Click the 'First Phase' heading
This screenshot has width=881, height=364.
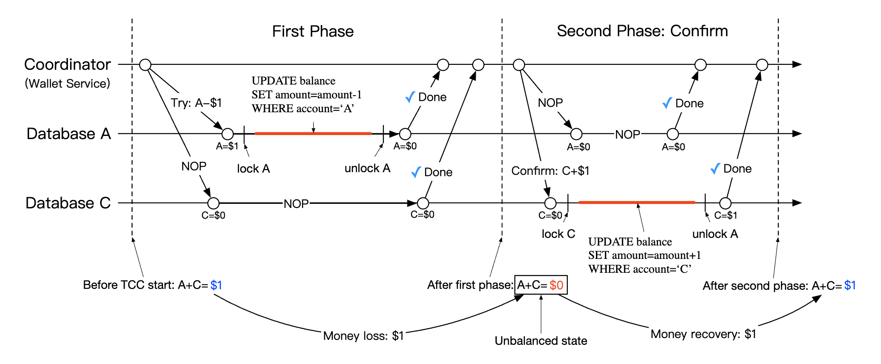313,31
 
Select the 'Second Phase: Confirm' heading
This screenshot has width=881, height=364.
642,31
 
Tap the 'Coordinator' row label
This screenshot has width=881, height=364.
67,64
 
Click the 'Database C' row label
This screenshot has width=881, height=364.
68,203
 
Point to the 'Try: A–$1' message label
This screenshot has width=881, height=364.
196,103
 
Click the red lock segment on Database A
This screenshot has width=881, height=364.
313,133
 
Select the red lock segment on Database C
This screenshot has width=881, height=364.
637,203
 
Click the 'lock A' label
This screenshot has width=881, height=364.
253,169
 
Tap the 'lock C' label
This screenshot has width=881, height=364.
558,234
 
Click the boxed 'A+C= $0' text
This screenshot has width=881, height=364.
541,285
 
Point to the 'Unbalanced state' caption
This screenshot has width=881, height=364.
541,341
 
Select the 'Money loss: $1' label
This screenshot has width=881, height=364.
363,336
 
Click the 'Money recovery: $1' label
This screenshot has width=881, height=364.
703,334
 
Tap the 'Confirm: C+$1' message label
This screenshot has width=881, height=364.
550,171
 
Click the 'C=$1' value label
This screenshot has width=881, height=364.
726,216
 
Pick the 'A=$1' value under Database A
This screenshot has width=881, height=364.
227,146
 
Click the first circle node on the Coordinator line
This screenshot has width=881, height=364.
145,65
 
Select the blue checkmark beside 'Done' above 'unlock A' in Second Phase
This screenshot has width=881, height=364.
715,169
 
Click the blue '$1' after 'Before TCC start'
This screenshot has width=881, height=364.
216,285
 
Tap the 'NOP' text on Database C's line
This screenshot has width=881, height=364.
296,204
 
